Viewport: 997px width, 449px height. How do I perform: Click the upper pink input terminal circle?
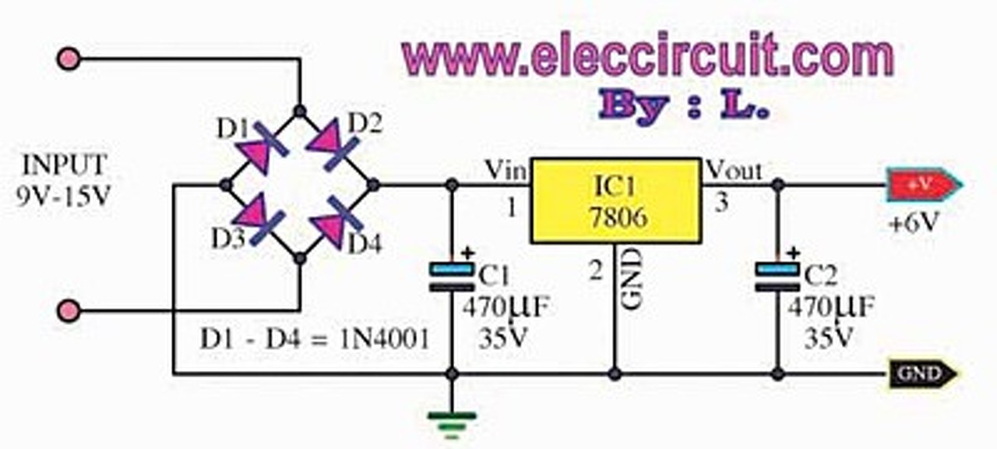(69, 58)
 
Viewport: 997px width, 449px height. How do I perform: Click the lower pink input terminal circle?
(69, 311)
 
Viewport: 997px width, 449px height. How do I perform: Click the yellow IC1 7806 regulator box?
(615, 200)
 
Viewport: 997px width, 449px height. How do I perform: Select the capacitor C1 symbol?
(452, 277)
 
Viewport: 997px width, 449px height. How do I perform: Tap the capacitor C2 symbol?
(777, 277)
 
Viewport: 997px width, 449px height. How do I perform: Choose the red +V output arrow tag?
(922, 186)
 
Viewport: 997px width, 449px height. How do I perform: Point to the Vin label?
(506, 169)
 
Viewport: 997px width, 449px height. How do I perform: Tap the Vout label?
(733, 169)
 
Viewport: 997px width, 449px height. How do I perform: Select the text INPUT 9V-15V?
(63, 180)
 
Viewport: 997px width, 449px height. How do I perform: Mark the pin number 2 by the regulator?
(595, 271)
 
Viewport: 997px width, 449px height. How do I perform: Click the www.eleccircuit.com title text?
(646, 56)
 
